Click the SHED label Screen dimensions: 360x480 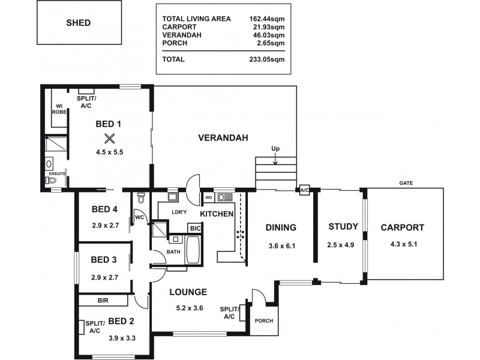point(78,23)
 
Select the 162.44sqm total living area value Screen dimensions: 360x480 point(266,19)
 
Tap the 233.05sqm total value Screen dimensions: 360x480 point(266,59)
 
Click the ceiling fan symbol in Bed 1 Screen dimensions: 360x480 point(109,138)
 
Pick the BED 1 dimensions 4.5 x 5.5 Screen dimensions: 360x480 point(109,152)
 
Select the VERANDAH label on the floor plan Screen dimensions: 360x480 point(223,138)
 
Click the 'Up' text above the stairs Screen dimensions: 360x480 point(275,149)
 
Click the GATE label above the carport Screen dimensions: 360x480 point(405,182)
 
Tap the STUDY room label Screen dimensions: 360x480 point(343,227)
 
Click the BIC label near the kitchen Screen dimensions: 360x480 point(194,229)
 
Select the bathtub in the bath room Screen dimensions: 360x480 point(193,250)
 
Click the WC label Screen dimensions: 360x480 point(139,217)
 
